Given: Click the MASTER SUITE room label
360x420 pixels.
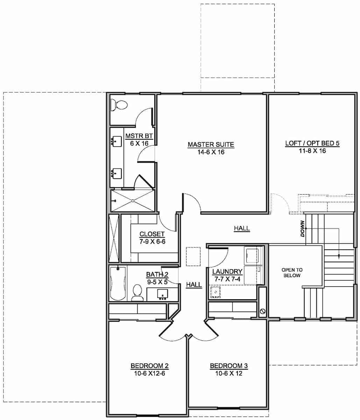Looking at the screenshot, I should [x=211, y=144].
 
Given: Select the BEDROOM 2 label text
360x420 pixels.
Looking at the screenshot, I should [x=149, y=366].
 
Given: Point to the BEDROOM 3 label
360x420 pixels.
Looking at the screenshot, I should [x=229, y=366].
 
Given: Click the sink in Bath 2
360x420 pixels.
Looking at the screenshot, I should [x=162, y=294].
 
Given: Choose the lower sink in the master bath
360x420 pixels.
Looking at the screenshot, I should [x=117, y=173].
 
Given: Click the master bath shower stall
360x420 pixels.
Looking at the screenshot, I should [x=133, y=201].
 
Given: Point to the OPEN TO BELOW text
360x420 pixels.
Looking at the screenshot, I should [x=292, y=273].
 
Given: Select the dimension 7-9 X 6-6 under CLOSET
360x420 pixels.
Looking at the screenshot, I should [x=152, y=241].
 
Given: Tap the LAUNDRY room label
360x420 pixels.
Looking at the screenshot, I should [x=227, y=271].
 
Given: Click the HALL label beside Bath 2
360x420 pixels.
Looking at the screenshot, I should [x=194, y=285].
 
